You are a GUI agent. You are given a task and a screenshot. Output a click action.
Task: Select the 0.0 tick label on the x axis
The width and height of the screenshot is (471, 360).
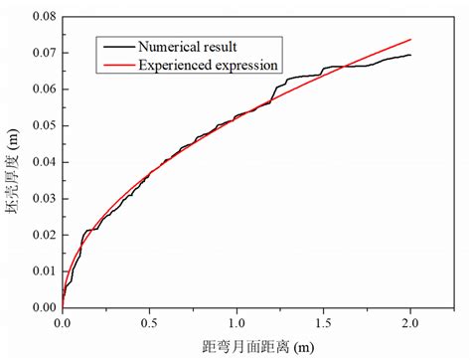63,322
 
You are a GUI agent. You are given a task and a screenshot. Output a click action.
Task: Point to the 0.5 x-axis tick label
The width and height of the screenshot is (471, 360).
150,322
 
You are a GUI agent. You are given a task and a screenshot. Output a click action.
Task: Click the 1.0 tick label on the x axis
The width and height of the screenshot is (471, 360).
236,322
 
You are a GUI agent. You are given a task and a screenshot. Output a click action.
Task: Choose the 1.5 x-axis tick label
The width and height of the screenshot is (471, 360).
324,322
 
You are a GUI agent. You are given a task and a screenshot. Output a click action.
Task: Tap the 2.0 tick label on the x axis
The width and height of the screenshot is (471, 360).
410,322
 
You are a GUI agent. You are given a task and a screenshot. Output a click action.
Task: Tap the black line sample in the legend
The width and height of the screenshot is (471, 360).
116,45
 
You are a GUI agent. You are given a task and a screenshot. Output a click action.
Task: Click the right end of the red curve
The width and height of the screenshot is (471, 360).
410,40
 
